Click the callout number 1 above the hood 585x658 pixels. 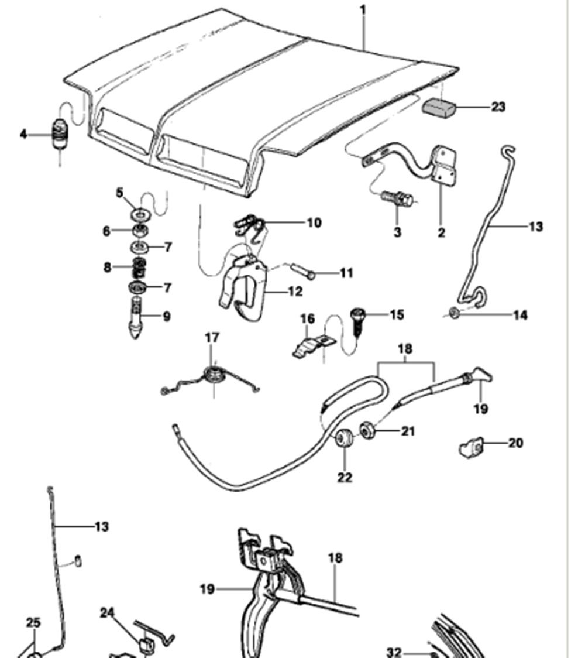click(x=363, y=9)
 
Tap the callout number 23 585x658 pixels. click(x=498, y=107)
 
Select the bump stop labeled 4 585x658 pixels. click(x=60, y=133)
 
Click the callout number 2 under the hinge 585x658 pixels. click(x=441, y=232)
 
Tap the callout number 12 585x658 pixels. click(x=295, y=291)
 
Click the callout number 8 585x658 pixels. click(x=108, y=268)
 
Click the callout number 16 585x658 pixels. click(x=307, y=319)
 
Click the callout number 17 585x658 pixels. click(x=212, y=337)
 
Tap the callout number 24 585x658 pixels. click(x=108, y=613)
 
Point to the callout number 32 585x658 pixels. click(x=394, y=652)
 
